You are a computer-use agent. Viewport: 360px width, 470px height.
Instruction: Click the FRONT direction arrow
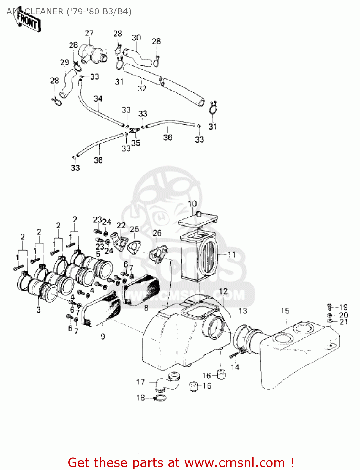28,20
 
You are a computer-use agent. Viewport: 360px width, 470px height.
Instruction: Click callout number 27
89,33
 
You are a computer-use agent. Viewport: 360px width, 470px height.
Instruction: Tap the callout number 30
136,38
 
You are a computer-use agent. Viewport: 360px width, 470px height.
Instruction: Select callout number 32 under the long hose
142,88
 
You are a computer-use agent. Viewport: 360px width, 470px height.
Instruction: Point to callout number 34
98,99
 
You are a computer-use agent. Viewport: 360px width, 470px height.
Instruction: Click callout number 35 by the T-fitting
136,143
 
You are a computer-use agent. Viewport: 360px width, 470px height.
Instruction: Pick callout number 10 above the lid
192,204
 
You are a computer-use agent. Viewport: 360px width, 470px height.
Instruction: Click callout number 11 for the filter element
231,254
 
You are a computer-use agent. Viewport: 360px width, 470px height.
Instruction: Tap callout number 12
223,291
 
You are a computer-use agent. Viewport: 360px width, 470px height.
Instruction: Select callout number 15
285,311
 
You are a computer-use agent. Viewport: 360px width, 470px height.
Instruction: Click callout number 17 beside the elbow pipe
140,382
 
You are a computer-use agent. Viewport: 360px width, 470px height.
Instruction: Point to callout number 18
141,398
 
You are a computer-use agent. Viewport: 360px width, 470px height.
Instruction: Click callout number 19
343,307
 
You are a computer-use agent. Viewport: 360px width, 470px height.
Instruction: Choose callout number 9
103,337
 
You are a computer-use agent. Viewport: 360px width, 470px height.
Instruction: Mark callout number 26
157,233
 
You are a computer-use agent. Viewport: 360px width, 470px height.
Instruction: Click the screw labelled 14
235,355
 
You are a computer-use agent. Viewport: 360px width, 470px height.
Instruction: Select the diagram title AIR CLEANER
69,12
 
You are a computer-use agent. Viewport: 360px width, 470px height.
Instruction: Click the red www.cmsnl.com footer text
181,462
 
